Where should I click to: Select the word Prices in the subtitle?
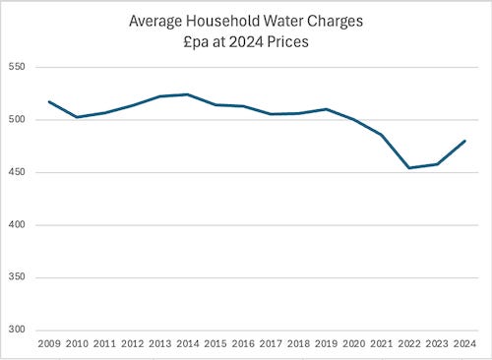pyautogui.click(x=287, y=42)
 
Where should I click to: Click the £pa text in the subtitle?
pyautogui.click(x=196, y=42)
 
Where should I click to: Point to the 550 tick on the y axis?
pyautogui.click(x=17, y=67)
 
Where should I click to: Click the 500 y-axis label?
pyautogui.click(x=17, y=119)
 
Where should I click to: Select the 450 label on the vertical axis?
pyautogui.click(x=17, y=172)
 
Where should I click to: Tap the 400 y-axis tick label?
pyautogui.click(x=17, y=225)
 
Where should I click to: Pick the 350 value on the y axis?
pyautogui.click(x=17, y=277)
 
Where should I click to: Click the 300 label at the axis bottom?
pyautogui.click(x=17, y=330)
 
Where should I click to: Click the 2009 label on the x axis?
pyautogui.click(x=49, y=344)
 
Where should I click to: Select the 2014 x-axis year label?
pyautogui.click(x=188, y=344)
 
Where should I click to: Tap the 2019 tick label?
pyautogui.click(x=327, y=344)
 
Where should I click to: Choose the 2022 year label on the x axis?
pyautogui.click(x=409, y=344)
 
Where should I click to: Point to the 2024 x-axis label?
pyautogui.click(x=464, y=344)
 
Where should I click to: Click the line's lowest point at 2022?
pyautogui.click(x=409, y=168)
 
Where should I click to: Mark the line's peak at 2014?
pyautogui.click(x=188, y=94)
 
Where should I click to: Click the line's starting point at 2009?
pyautogui.click(x=49, y=101)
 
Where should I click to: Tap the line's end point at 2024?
pyautogui.click(x=464, y=141)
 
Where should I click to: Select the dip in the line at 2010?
pyautogui.click(x=77, y=117)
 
